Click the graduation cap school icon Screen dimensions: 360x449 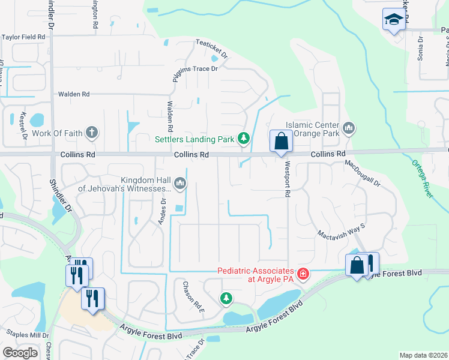tap(394, 19)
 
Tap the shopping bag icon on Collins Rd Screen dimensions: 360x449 tap(280, 142)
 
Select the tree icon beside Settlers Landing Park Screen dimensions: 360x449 tap(244, 139)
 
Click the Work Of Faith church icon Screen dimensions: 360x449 tap(91, 132)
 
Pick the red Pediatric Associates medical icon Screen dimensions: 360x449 tap(303, 275)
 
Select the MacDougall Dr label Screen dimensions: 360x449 tap(363, 173)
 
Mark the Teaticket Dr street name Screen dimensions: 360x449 tap(212, 49)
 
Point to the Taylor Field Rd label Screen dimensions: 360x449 tap(23, 37)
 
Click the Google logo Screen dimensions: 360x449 tap(20, 353)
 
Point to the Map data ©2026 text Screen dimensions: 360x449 tap(423, 355)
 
